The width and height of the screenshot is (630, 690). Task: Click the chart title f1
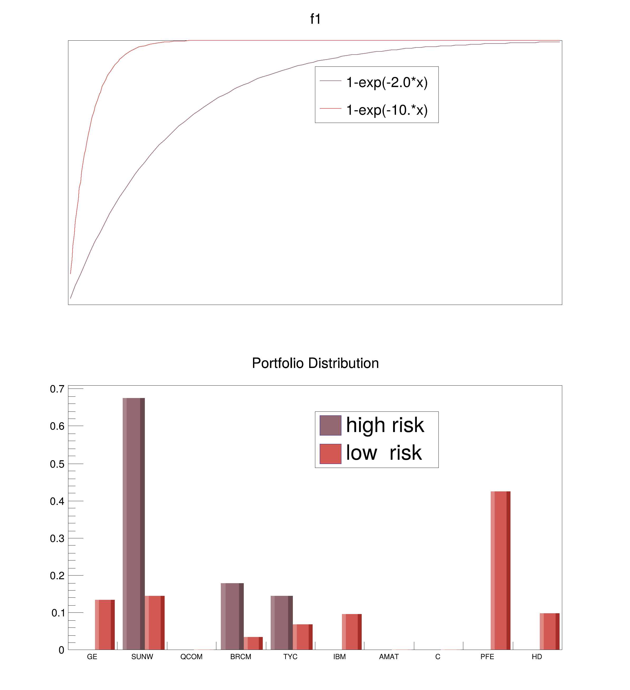point(315,19)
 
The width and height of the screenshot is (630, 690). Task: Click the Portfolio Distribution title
point(315,363)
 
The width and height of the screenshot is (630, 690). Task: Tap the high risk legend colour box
point(330,425)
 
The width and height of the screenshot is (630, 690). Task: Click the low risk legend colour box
point(330,454)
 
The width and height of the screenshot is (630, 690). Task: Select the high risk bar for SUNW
point(133,524)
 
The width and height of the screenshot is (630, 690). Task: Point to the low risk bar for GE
point(105,625)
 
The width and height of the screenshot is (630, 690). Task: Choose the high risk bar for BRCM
point(232,616)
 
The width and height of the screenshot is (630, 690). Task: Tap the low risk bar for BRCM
point(253,644)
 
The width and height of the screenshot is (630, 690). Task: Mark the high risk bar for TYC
point(281,623)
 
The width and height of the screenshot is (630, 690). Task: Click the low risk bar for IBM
point(352,632)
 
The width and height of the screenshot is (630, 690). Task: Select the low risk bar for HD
point(550,631)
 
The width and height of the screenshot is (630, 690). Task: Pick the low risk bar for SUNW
point(154,623)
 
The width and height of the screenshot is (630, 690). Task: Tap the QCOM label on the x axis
point(191,657)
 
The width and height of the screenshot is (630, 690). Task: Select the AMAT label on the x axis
point(389,657)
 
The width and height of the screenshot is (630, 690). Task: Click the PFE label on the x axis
point(487,657)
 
